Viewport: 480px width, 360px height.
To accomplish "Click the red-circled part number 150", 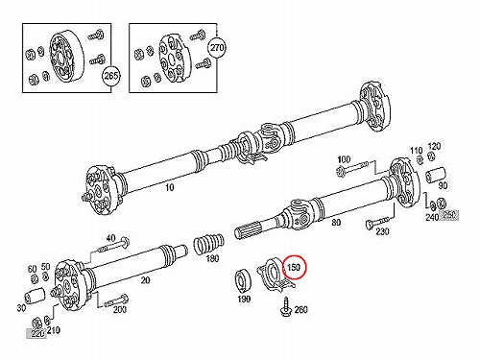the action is pos(293,267).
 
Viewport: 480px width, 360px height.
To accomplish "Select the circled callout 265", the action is pos(110,76).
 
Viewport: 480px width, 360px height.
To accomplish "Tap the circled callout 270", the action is pos(217,48).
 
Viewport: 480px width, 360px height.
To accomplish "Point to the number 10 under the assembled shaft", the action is pos(169,187).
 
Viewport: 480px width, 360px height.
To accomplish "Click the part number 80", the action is pos(336,222).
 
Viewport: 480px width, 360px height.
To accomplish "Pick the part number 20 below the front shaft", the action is pos(146,280).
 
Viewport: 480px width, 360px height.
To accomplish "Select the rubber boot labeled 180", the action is pos(208,244).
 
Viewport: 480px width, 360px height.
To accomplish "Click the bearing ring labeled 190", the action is pos(244,280).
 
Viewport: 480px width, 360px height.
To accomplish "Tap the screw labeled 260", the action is pos(286,306).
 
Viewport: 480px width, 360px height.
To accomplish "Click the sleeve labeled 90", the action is pos(436,175).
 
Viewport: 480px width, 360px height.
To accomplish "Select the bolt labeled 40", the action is pos(113,245).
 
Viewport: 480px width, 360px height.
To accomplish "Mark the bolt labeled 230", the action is pos(377,223).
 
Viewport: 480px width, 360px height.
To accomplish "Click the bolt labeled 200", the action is pos(116,300).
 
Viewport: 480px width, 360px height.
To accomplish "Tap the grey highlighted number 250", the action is pos(448,215).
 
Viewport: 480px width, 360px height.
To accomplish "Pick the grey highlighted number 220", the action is pos(36,333).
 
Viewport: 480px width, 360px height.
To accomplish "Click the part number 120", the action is pos(434,147).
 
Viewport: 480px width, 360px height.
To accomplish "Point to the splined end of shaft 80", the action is pos(250,231).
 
